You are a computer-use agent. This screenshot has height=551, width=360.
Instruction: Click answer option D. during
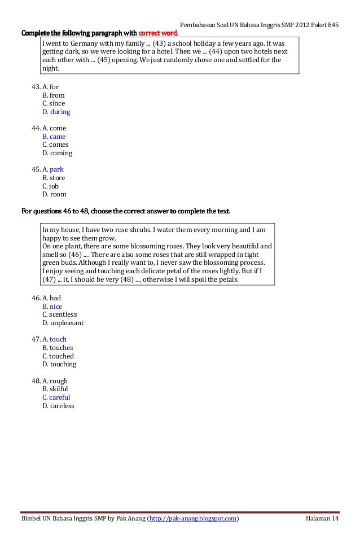(56, 112)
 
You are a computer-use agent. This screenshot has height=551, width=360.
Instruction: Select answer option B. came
(54, 137)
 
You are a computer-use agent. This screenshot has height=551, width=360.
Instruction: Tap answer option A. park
(53, 169)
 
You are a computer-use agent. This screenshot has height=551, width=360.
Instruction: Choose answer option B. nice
(52, 307)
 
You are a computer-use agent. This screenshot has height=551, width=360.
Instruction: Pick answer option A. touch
(54, 339)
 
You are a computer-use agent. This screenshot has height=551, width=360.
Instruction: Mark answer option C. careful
(56, 397)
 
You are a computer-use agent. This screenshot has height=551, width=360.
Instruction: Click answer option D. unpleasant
(63, 323)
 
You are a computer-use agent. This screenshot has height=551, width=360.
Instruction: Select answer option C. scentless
(59, 314)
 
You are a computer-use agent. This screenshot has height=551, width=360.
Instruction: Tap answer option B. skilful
(55, 389)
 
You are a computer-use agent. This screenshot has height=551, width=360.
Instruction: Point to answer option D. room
(54, 194)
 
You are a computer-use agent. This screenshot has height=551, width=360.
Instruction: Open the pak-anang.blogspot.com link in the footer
(192, 519)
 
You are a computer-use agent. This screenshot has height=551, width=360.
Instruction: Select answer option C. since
(54, 103)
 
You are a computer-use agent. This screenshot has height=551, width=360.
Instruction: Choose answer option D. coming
(57, 153)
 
